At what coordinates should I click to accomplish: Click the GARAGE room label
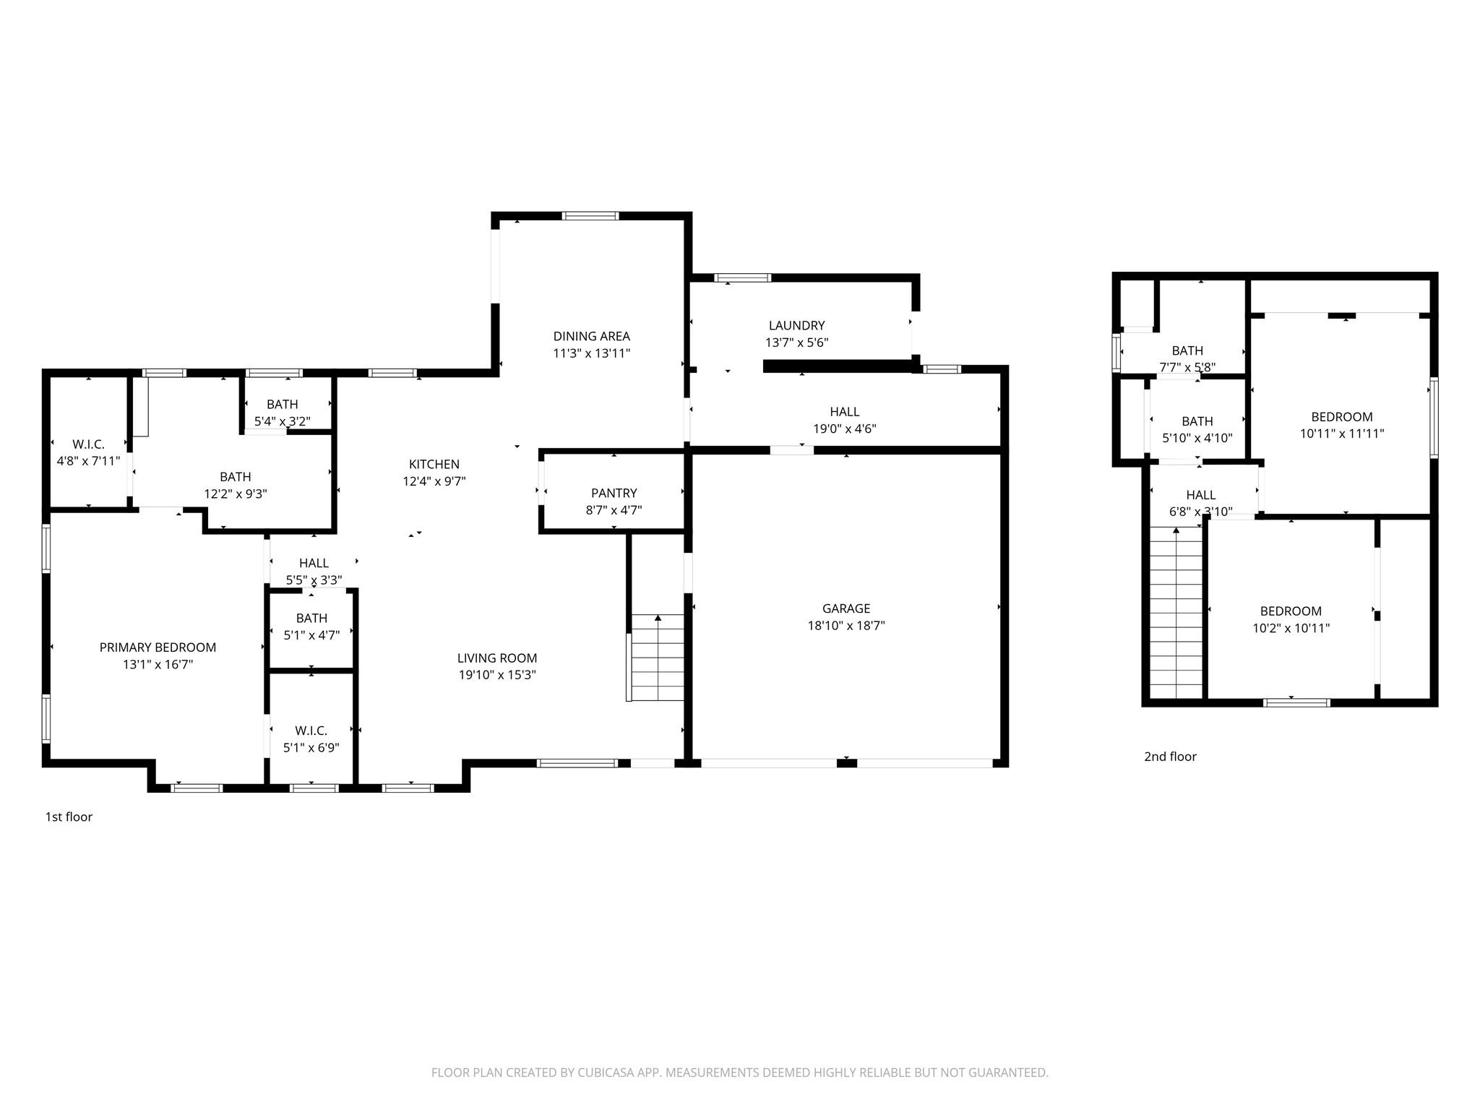click(846, 608)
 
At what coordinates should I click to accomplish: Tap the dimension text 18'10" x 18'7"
click(846, 626)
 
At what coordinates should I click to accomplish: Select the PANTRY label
click(614, 493)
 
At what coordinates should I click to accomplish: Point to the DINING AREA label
click(591, 336)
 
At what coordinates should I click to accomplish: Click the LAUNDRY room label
click(796, 326)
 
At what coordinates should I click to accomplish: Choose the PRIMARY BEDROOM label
click(158, 647)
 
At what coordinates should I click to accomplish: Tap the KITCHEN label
click(434, 464)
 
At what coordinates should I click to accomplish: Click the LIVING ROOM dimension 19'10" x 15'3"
click(496, 676)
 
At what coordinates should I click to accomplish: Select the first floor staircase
click(657, 658)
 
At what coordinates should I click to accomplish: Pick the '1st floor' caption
click(69, 817)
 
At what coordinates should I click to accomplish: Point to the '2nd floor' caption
click(1170, 757)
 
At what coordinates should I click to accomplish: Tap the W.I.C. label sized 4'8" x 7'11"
click(88, 444)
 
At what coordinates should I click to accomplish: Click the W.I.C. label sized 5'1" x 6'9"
click(311, 731)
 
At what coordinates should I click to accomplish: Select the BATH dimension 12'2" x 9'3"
click(235, 494)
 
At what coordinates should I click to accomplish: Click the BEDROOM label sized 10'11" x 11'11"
click(1341, 417)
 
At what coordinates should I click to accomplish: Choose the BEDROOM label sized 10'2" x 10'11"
click(1291, 611)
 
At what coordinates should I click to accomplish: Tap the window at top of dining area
click(590, 215)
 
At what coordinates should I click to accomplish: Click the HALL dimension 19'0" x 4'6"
click(844, 429)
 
